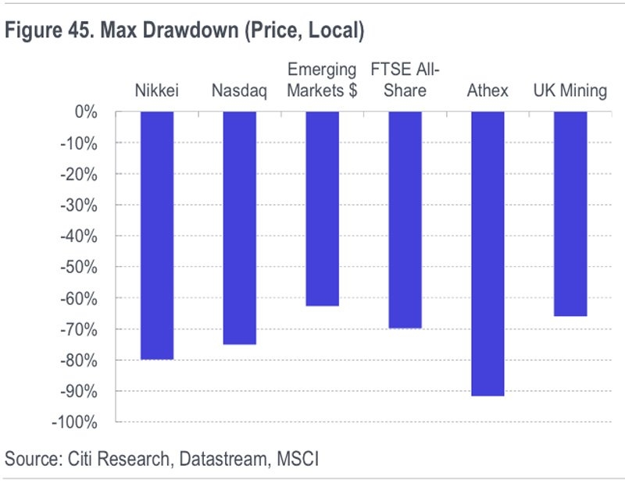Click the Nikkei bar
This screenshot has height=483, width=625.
[157, 236]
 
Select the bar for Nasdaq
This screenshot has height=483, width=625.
[239, 228]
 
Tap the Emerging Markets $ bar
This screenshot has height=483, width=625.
[322, 209]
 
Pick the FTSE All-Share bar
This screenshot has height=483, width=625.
[405, 220]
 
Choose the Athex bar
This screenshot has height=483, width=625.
[487, 254]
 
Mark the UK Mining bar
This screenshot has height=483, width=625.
[570, 214]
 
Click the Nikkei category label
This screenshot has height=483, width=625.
[157, 91]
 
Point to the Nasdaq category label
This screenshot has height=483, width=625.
[239, 91]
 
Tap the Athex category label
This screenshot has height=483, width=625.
[487, 91]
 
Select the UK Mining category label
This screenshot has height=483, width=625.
[570, 91]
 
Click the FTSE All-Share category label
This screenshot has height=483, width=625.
[405, 80]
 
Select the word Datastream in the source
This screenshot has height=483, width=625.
[222, 459]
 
